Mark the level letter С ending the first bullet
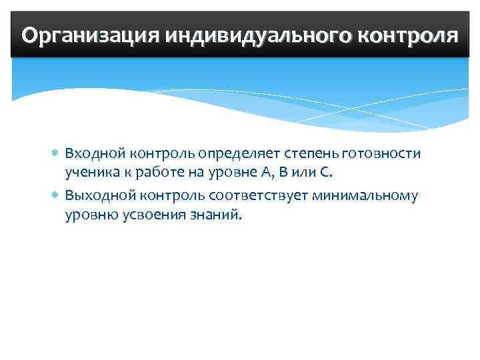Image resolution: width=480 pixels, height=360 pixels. (323, 174)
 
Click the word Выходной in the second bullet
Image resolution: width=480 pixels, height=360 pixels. (99, 195)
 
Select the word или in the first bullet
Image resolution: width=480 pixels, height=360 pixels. (303, 175)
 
